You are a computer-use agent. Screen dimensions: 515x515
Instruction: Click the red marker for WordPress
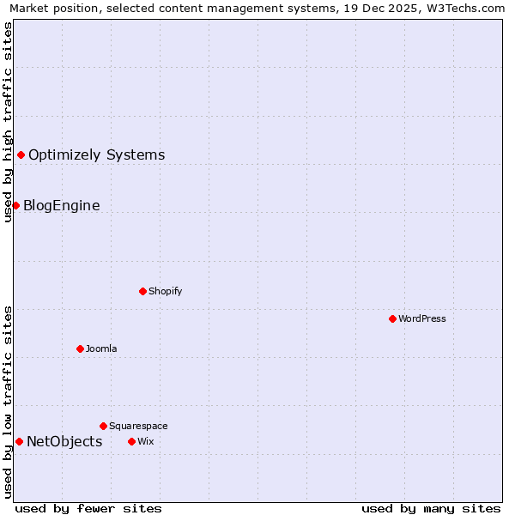392,318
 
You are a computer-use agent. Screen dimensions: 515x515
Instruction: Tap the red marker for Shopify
142,291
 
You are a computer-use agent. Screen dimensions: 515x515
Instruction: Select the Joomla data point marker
80,348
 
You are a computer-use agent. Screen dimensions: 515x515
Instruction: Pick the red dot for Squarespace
103,426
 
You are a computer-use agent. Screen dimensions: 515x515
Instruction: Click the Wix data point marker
131,441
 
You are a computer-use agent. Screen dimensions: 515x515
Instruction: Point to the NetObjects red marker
19,441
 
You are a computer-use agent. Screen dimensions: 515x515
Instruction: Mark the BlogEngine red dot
15,205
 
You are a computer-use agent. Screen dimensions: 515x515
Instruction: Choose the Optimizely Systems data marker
21,154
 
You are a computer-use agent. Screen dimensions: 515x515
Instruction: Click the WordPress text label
422,318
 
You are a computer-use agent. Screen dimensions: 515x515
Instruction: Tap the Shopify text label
165,291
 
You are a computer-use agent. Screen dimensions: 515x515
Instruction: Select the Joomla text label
101,348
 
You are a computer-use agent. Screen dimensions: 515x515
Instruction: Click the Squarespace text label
138,426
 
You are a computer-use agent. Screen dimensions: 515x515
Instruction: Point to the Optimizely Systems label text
96,154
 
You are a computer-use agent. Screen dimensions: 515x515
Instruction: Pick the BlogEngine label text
61,205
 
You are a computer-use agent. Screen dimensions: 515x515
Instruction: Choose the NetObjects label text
64,441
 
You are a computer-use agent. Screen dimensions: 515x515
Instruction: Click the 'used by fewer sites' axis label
88,508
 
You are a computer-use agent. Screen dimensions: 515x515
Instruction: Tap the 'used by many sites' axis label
431,508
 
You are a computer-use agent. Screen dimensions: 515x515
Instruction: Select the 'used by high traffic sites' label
8,122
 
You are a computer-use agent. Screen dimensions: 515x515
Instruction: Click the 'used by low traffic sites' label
8,402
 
